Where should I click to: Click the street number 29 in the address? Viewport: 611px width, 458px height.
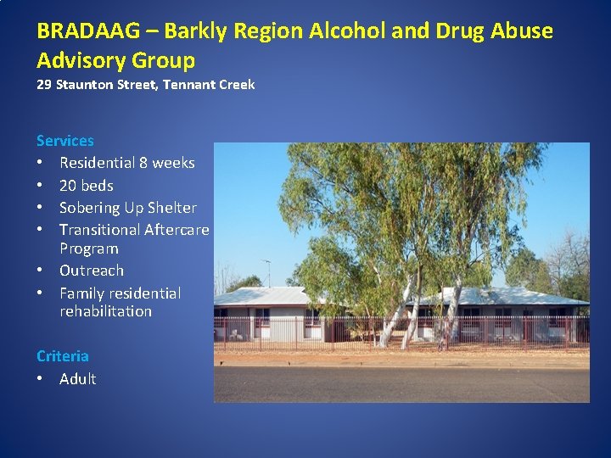point(44,85)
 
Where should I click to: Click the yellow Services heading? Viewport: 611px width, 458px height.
point(65,141)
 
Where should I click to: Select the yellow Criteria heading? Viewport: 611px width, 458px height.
point(63,356)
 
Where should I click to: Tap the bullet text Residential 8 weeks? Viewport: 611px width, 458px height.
point(126,163)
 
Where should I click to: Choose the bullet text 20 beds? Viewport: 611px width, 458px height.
point(86,186)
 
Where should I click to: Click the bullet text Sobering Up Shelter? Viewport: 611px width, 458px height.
point(127,208)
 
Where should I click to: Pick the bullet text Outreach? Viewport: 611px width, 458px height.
point(91,271)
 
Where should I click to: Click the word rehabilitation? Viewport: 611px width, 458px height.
point(105,311)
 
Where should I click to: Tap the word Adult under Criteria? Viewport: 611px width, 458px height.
point(77,379)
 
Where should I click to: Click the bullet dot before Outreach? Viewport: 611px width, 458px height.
point(40,271)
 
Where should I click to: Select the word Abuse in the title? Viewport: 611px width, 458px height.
point(519,31)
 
